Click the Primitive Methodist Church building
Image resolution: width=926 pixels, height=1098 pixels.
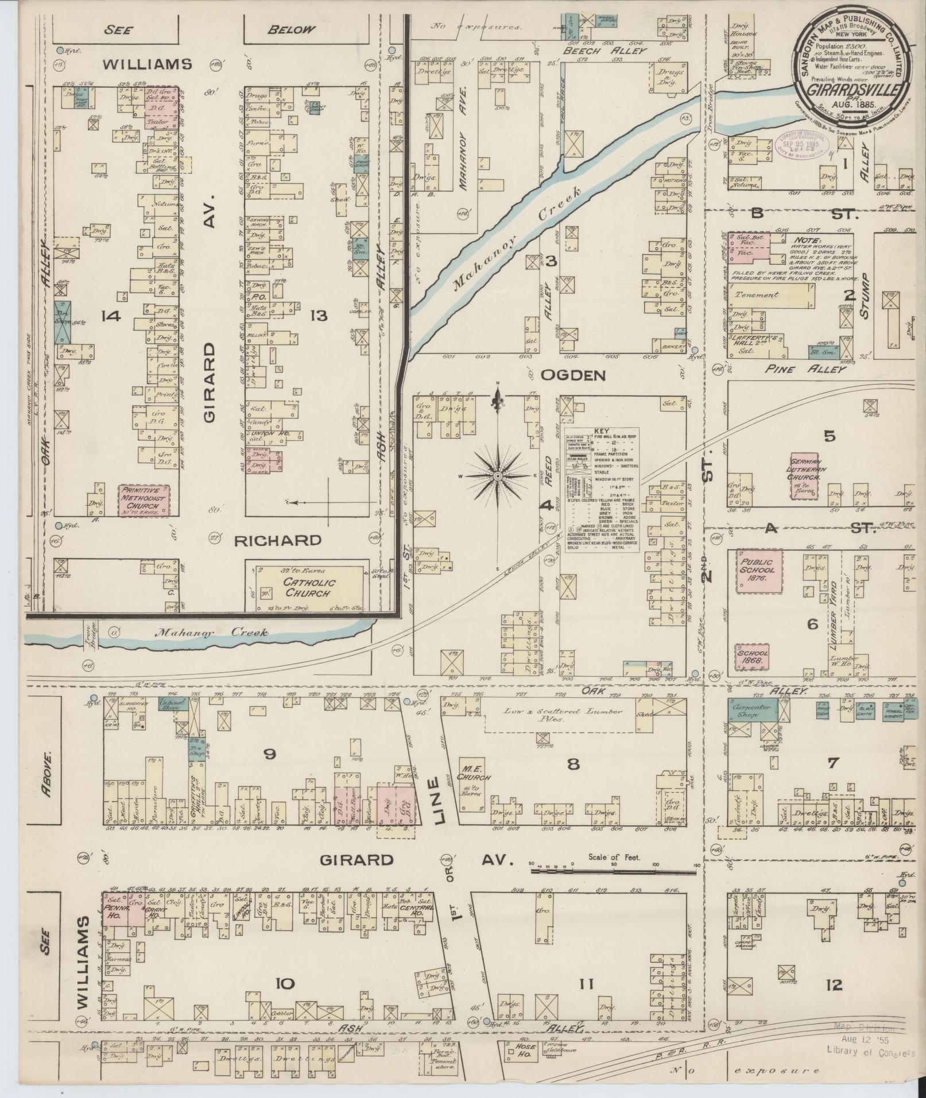pyautogui.click(x=144, y=500)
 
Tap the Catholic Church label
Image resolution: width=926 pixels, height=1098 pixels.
pyautogui.click(x=307, y=587)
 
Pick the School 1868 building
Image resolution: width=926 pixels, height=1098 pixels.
pyautogui.click(x=752, y=657)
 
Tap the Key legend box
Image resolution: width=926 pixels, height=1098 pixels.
pyautogui.click(x=602, y=490)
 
